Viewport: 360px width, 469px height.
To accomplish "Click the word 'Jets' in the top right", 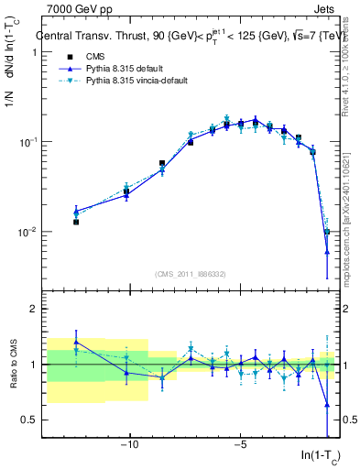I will click(x=323, y=10).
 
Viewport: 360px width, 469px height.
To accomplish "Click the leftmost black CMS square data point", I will click(x=76, y=222).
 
